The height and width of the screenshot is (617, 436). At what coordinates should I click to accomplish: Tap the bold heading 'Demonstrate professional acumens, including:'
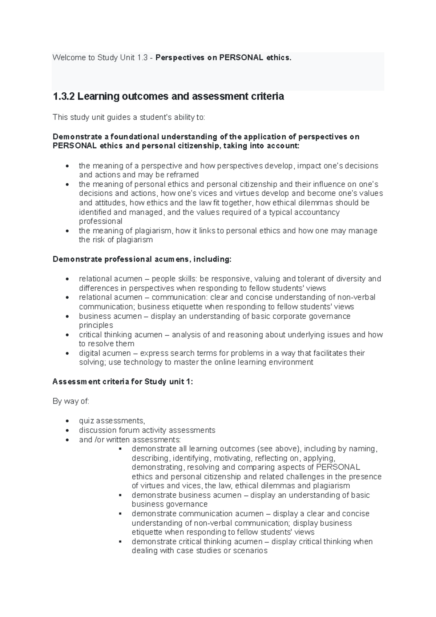coord(142,259)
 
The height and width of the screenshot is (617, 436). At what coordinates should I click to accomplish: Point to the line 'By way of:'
coord(71,401)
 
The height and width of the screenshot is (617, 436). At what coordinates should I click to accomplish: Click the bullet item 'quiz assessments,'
coord(112,421)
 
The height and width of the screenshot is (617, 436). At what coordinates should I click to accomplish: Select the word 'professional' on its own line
coord(101,221)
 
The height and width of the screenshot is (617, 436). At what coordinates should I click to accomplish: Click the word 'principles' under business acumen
coord(96,325)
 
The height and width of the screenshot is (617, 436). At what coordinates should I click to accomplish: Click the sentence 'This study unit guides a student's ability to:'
coord(129,117)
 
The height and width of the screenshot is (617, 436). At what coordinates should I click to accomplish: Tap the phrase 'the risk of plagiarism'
coord(116,240)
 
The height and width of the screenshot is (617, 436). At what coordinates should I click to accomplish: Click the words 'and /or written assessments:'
coord(130,439)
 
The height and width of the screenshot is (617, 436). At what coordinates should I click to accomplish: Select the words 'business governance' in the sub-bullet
coord(170,504)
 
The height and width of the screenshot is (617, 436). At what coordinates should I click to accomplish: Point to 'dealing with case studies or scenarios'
coord(199,550)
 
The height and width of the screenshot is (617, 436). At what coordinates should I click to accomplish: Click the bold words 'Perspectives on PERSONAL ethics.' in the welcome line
coord(223,57)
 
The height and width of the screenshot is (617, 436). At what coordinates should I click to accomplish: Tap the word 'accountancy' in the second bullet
coord(316,212)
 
